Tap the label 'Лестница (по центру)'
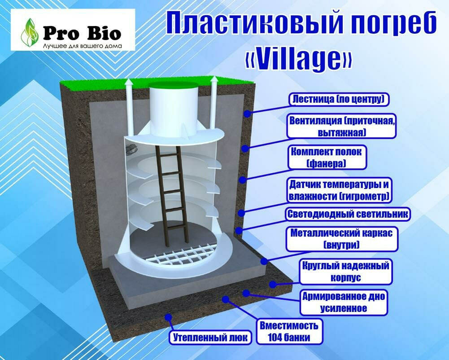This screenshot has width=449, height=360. [339, 100]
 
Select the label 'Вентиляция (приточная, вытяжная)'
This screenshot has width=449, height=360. [341, 127]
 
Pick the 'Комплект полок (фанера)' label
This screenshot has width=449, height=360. [327, 158]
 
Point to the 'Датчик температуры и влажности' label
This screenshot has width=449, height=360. [339, 191]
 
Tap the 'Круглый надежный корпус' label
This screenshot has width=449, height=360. [346, 272]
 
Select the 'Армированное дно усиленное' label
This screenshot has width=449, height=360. [344, 303]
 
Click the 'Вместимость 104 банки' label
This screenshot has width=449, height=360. [289, 332]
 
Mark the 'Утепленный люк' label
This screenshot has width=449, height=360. [210, 338]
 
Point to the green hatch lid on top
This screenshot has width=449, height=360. [174, 85]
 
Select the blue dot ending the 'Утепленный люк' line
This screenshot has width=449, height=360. [169, 317]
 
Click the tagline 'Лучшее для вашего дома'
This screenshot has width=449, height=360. [83, 46]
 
